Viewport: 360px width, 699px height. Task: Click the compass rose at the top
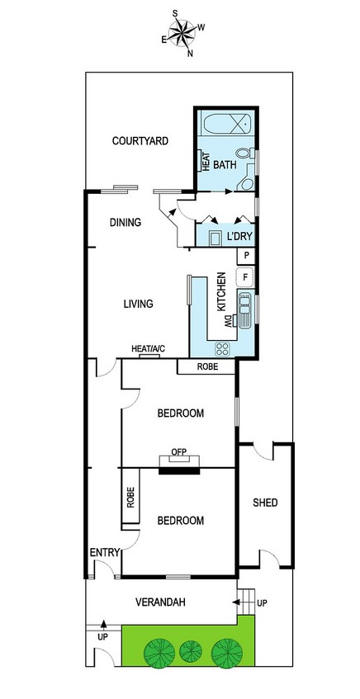pos(182,32)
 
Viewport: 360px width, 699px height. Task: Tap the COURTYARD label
pos(140,141)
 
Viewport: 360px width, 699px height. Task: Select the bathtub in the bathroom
pos(225,123)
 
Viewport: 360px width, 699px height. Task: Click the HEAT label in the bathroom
pos(206,162)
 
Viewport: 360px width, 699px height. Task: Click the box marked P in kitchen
pos(246,257)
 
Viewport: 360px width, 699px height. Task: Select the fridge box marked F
pos(245,277)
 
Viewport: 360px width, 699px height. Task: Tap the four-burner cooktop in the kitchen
pos(222,348)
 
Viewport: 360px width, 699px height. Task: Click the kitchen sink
pos(245,309)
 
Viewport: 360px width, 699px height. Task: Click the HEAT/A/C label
pos(148,348)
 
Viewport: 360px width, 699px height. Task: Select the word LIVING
pos(138,304)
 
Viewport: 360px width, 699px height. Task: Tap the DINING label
pos(126,222)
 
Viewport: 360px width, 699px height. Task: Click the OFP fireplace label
pos(179,451)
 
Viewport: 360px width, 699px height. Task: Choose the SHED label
pos(265,503)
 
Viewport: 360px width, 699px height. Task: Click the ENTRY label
pos(105,553)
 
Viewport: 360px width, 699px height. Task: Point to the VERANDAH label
pos(160,602)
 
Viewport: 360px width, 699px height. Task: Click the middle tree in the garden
pos(191,651)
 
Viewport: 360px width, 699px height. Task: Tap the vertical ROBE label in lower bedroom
pos(130,497)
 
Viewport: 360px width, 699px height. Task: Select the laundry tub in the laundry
pos(216,239)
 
